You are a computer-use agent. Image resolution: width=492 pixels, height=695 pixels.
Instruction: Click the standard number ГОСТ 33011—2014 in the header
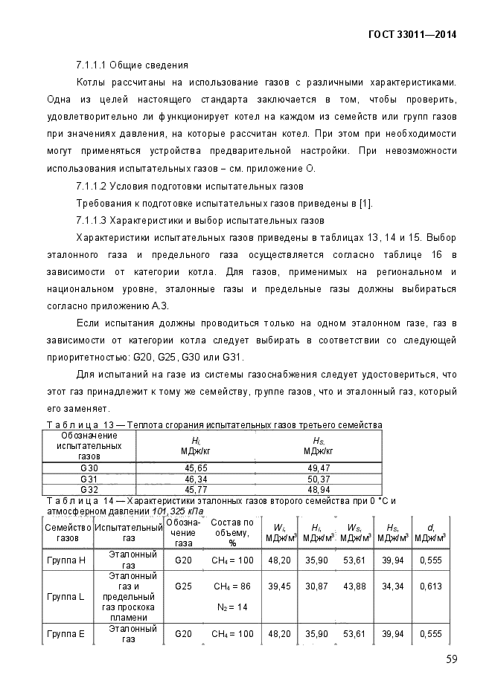412,34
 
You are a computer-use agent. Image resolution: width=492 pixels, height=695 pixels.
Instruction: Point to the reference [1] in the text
365,202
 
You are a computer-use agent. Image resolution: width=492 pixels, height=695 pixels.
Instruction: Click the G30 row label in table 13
89,468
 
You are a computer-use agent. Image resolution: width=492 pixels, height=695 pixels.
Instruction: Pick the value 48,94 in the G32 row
319,491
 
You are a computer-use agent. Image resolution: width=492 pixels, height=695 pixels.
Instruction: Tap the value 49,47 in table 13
319,468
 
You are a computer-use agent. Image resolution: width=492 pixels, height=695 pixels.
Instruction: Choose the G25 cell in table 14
184,586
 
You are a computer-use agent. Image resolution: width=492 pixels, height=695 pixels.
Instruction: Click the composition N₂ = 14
232,607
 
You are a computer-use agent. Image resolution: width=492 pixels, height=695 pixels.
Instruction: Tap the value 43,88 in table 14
356,586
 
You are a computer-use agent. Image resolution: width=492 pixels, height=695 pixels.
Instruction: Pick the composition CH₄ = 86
232,586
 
